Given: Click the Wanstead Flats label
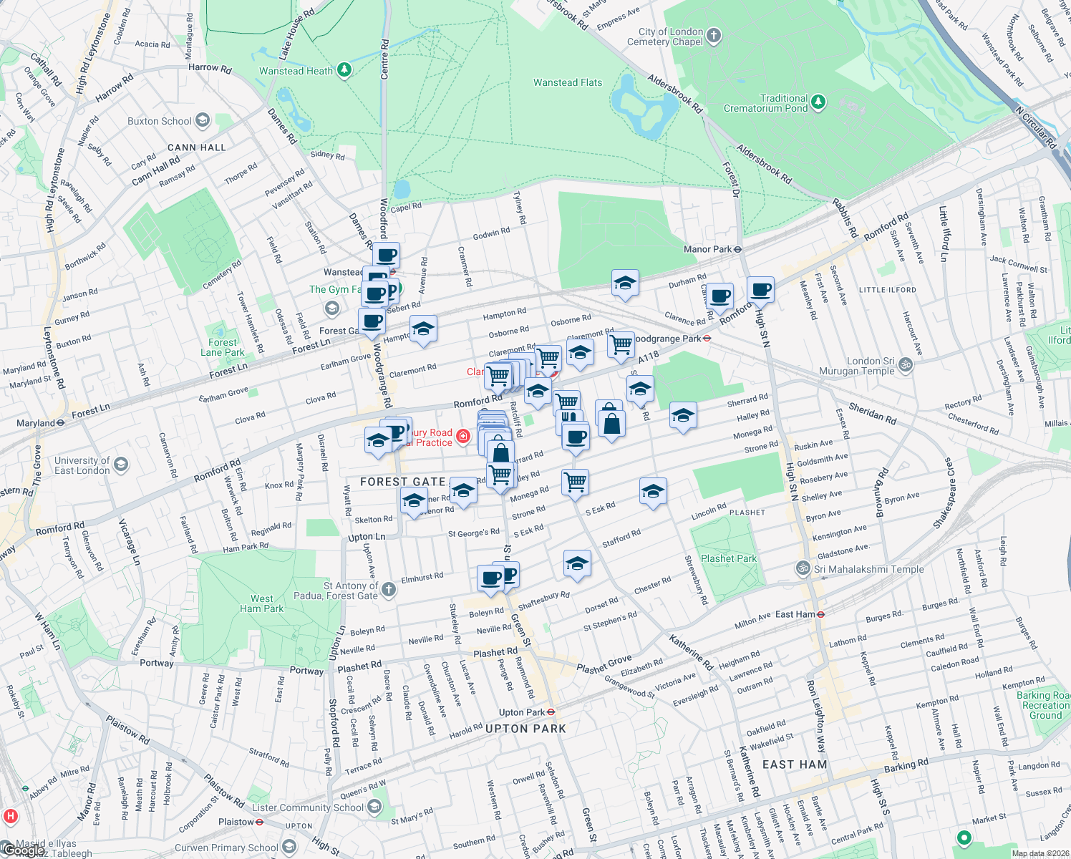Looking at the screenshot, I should (568, 83).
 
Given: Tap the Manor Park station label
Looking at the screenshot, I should (707, 249).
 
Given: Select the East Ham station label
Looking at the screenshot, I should (795, 614).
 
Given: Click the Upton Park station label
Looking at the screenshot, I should (522, 712).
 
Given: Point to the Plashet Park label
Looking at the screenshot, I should (729, 559).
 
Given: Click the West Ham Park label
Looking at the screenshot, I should (261, 603).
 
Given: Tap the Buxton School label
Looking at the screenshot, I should (160, 121).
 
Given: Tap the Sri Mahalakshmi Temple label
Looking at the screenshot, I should (868, 570).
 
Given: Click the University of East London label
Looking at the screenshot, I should (82, 465).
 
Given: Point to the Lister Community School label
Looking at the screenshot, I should (308, 807).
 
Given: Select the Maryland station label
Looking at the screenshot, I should (36, 423).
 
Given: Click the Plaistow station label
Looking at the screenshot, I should (236, 822).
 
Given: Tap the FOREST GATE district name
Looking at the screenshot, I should (403, 482).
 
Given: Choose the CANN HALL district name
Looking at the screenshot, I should (196, 147).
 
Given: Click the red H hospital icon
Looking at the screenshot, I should (10, 816).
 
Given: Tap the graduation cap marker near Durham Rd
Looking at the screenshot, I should (625, 283).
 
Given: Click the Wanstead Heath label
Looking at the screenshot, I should (296, 71).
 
